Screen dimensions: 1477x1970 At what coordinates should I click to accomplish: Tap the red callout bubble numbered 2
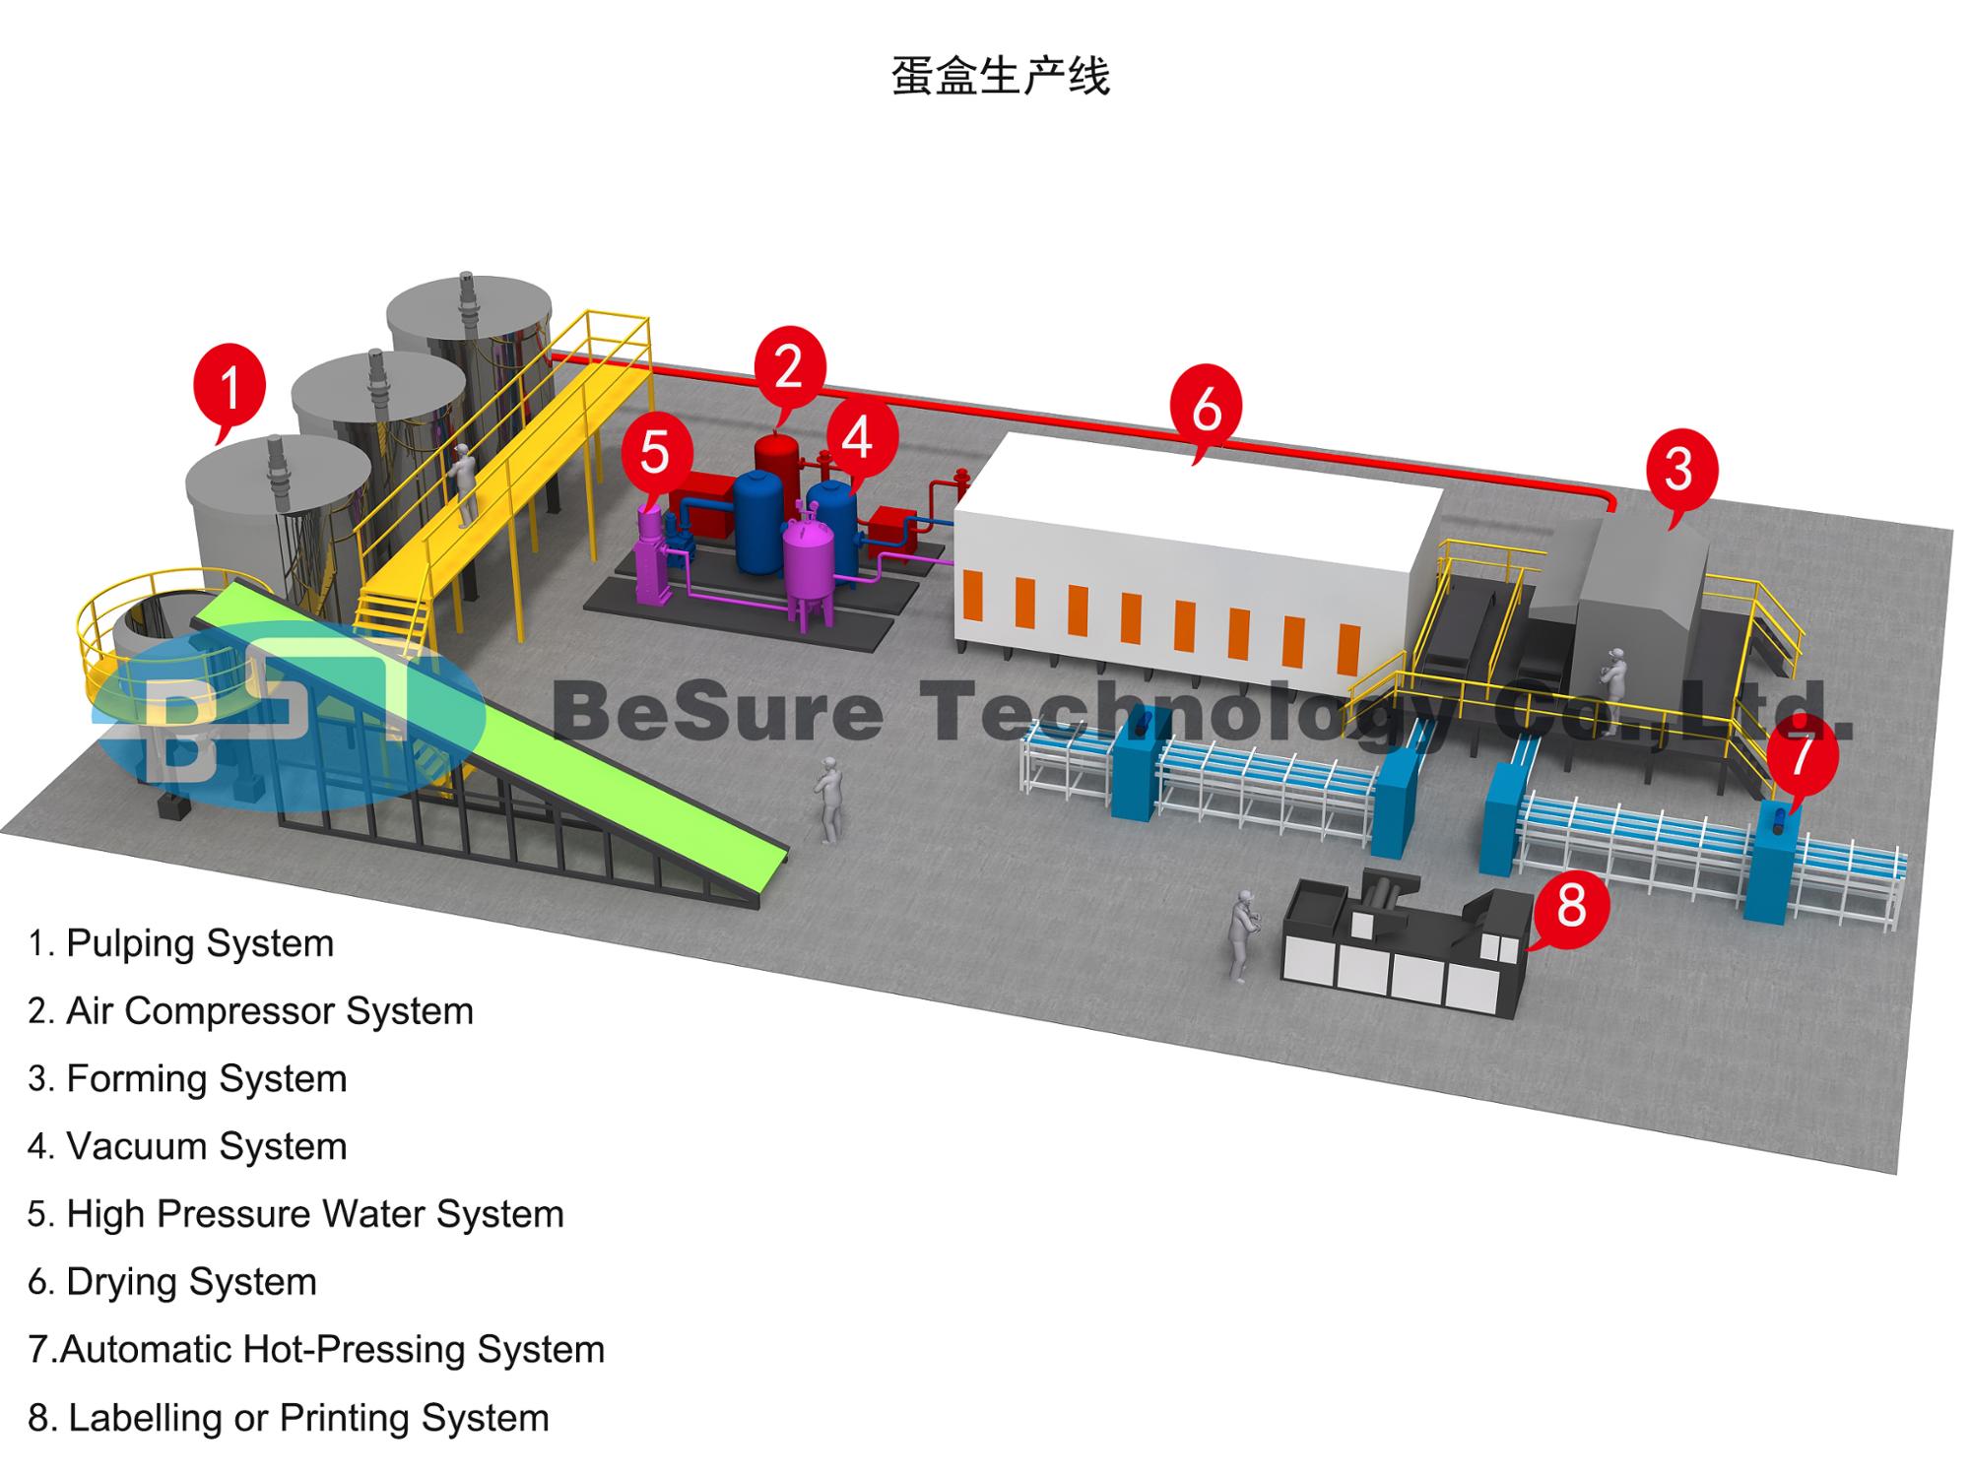(789, 366)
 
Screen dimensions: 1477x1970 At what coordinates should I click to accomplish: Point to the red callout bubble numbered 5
(655, 452)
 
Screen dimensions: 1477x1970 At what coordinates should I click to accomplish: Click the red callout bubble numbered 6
(1206, 407)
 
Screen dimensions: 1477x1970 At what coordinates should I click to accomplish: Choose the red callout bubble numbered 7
(1801, 756)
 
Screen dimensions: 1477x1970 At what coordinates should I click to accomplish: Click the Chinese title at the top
(999, 77)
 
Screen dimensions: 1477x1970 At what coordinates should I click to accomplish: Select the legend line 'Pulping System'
(182, 943)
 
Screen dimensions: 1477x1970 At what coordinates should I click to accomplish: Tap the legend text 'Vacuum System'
(188, 1146)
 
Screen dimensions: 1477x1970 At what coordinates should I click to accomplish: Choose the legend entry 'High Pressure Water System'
(296, 1214)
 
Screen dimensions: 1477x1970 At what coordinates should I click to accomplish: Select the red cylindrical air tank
(777, 463)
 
